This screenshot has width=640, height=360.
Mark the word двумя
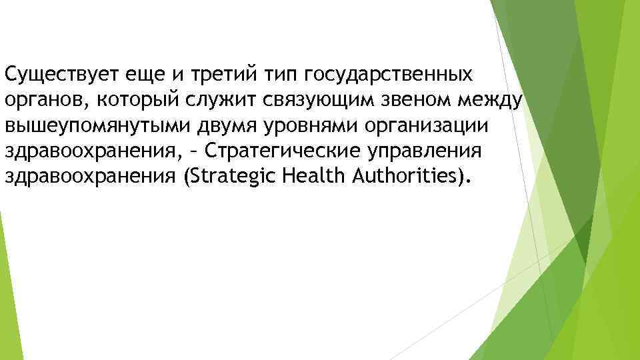pyautogui.click(x=216, y=125)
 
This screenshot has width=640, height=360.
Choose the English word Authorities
pyautogui.click(x=411, y=177)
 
